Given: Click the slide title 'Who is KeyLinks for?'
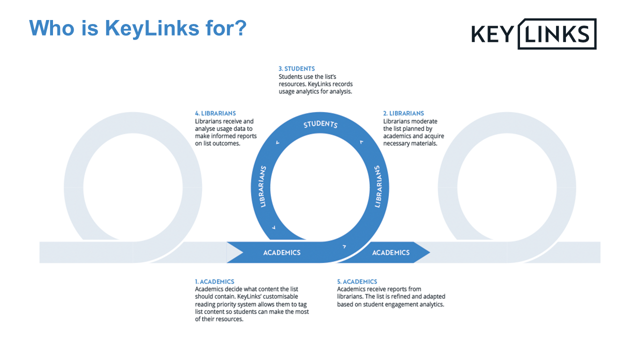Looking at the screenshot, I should point(137,28).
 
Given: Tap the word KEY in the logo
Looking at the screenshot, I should point(492,34).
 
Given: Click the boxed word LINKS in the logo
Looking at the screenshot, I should point(556,34).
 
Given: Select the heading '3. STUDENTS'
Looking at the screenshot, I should point(296,68).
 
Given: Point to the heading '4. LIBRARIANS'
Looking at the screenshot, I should point(215,113).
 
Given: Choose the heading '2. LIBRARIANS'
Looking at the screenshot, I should point(403,113).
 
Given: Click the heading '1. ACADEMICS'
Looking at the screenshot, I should point(214,281).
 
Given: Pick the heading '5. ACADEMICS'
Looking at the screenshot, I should point(357,281).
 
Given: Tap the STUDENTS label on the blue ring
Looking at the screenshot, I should point(320,124).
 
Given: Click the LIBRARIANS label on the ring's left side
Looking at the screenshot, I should point(263,186).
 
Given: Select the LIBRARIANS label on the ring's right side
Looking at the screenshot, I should point(378,186).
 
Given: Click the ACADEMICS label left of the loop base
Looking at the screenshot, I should point(282,252).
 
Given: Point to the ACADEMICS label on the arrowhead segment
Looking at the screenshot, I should point(391,252).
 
